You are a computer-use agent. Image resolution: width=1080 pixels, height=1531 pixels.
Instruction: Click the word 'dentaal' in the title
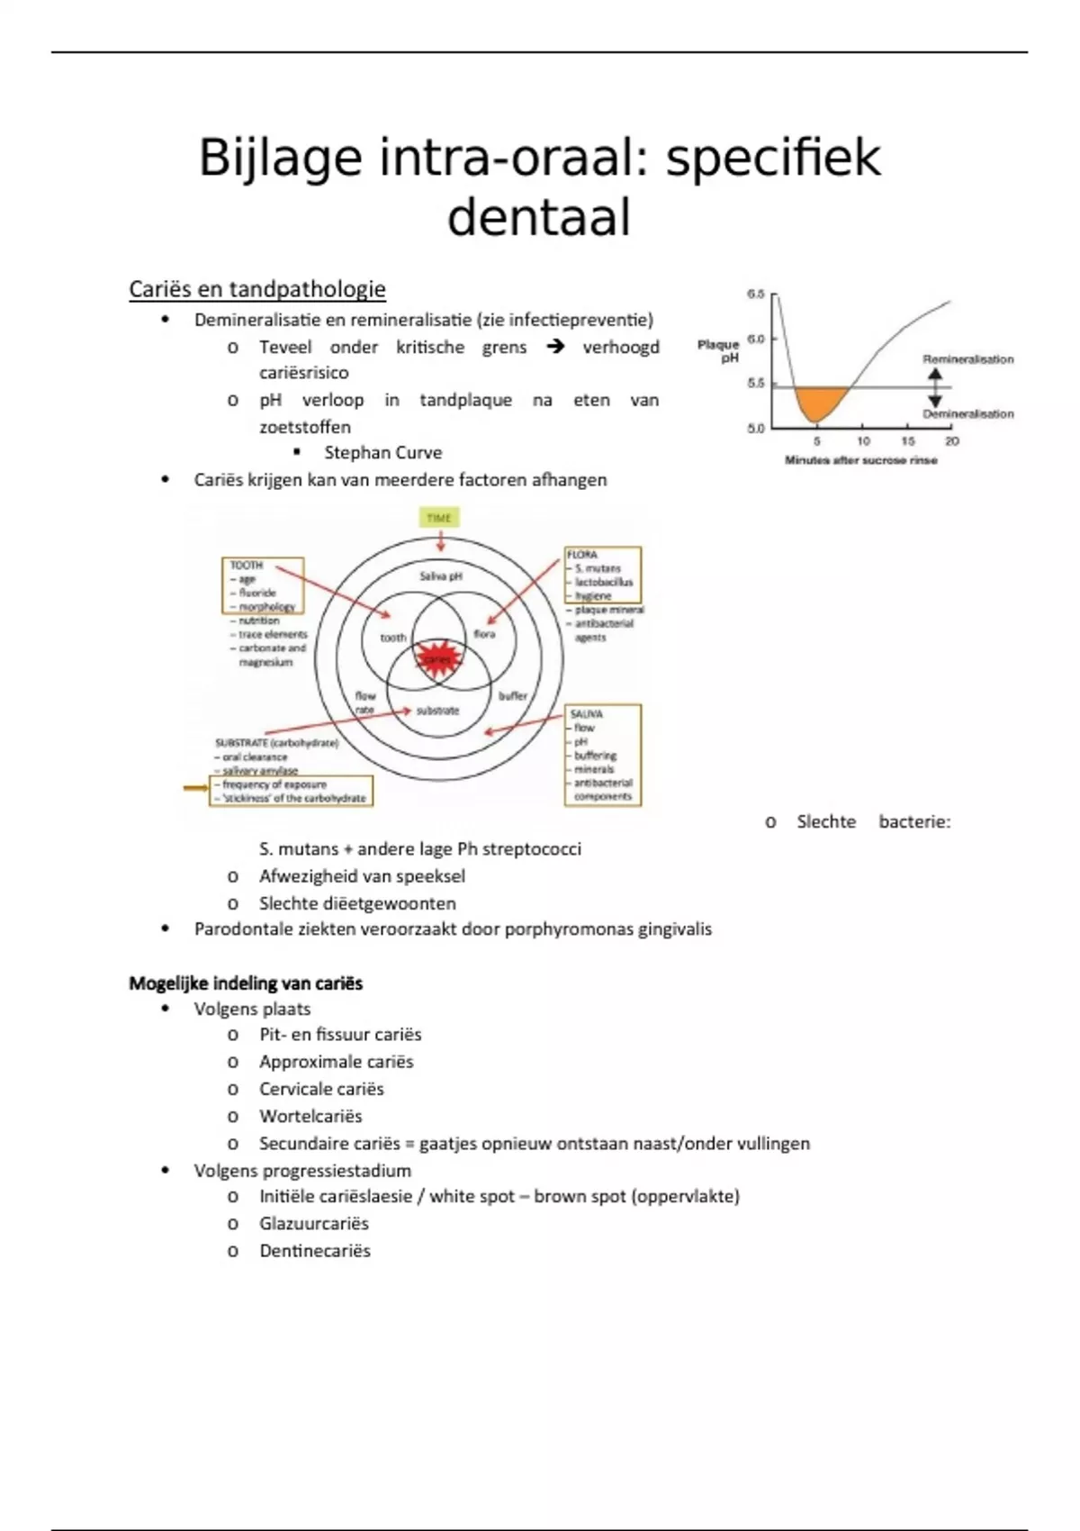click(538, 218)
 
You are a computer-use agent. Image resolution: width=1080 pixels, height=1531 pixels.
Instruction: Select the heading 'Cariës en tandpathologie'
click(257, 289)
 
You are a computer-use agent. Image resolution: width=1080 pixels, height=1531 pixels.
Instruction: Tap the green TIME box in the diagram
click(439, 518)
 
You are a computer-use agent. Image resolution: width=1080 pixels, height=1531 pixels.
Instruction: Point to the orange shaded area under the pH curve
click(818, 402)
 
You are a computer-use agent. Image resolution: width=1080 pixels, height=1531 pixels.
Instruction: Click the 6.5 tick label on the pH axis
click(756, 294)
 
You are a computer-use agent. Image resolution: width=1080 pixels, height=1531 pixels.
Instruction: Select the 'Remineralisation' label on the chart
click(968, 359)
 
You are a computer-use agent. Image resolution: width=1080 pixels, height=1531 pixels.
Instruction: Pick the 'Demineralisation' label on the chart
click(968, 414)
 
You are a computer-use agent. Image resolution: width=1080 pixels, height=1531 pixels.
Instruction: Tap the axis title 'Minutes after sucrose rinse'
click(861, 460)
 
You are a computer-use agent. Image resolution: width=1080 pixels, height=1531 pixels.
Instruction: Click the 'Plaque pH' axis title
click(719, 350)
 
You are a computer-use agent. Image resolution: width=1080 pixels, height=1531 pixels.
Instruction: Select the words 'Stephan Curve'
click(382, 452)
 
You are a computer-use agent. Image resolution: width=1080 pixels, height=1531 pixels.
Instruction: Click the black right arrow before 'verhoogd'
click(555, 346)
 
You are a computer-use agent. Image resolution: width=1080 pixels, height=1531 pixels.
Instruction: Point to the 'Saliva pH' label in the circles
click(440, 575)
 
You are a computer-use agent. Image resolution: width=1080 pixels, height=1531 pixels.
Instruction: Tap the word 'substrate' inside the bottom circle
click(437, 711)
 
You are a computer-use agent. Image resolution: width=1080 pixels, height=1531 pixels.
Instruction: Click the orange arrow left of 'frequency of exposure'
click(195, 788)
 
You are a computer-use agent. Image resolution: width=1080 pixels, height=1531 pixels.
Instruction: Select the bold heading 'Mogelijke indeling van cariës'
click(246, 983)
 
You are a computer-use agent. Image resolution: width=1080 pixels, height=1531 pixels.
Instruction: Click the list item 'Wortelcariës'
click(310, 1116)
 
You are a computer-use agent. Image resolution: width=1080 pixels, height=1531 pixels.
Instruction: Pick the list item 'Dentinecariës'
click(315, 1250)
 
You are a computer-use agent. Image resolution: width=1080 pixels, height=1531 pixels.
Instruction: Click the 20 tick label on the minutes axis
click(952, 441)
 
